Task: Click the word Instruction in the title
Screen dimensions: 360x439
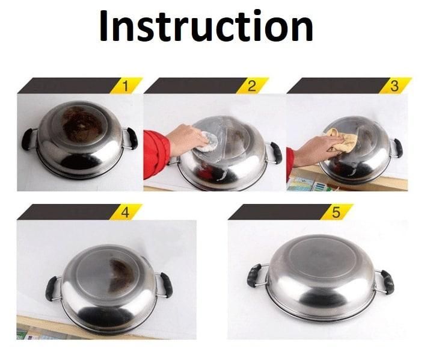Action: point(206,27)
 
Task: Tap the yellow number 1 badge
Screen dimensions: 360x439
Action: point(125,85)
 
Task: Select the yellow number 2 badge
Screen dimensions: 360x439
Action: point(251,85)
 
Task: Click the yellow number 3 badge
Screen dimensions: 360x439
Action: point(394,85)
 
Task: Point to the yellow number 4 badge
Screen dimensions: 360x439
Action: point(125,212)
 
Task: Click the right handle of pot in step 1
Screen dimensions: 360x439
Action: point(132,138)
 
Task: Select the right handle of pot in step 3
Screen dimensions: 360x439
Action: point(398,147)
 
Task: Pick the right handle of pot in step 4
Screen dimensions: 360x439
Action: point(165,284)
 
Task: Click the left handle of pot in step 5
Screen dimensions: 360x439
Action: point(254,275)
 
